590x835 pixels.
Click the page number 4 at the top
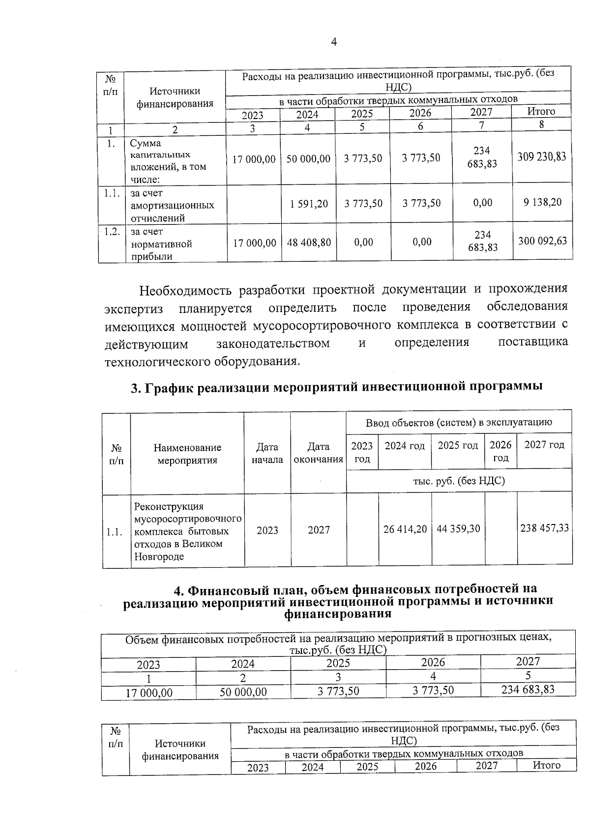[334, 42]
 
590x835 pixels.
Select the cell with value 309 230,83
[541, 157]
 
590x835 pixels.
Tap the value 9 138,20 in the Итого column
[542, 202]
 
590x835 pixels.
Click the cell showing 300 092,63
[542, 241]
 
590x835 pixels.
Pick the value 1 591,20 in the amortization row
[309, 203]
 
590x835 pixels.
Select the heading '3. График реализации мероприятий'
[336, 387]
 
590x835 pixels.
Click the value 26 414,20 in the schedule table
[405, 529]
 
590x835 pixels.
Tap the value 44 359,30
[458, 529]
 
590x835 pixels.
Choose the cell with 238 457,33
[544, 528]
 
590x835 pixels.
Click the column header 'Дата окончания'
[318, 453]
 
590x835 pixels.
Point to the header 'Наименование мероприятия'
[187, 454]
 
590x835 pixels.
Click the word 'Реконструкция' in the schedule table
[169, 506]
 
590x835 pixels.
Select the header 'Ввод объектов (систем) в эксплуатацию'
[459, 422]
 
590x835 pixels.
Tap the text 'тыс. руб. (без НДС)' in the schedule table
[459, 481]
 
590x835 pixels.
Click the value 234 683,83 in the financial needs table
[528, 689]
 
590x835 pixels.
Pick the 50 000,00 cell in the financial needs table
[243, 692]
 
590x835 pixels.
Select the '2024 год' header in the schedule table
[404, 445]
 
